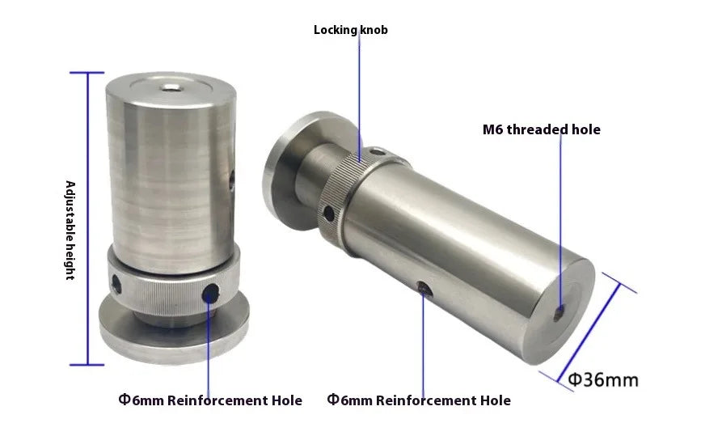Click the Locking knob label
(350, 30)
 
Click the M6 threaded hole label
(541, 129)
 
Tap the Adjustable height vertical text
(70, 230)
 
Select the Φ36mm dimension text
(603, 379)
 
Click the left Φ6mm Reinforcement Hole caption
(210, 400)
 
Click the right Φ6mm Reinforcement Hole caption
(419, 400)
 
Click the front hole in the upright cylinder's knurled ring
(212, 293)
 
